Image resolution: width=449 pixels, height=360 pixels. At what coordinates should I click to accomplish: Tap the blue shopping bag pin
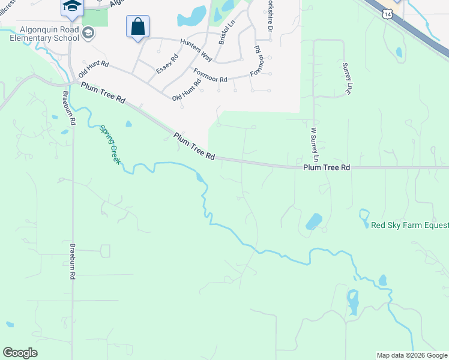(137, 27)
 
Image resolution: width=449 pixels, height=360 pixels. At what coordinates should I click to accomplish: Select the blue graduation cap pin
(71, 7)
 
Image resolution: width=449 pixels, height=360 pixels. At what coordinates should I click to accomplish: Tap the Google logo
(20, 353)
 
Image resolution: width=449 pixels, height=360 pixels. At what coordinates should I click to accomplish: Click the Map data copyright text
(412, 355)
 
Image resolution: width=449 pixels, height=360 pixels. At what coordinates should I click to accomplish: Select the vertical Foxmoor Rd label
(258, 59)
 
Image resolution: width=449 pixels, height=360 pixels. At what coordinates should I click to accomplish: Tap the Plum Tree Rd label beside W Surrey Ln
(326, 168)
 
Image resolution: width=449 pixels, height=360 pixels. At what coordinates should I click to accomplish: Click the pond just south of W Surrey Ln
(313, 221)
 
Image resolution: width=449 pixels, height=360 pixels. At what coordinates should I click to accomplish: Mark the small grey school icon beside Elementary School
(88, 32)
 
